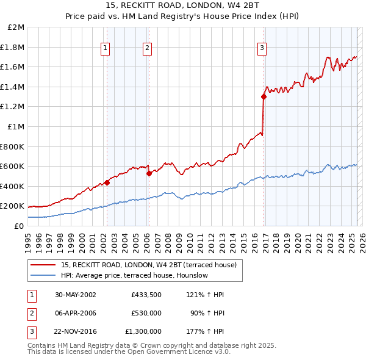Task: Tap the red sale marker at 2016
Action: pos(264,96)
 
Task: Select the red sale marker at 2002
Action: pos(107,182)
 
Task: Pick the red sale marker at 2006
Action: pos(148,173)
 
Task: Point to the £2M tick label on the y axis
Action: pos(16,27)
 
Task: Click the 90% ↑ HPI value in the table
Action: pos(210,313)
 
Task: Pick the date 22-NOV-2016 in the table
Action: pos(76,331)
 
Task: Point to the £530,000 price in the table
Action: pos(146,313)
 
